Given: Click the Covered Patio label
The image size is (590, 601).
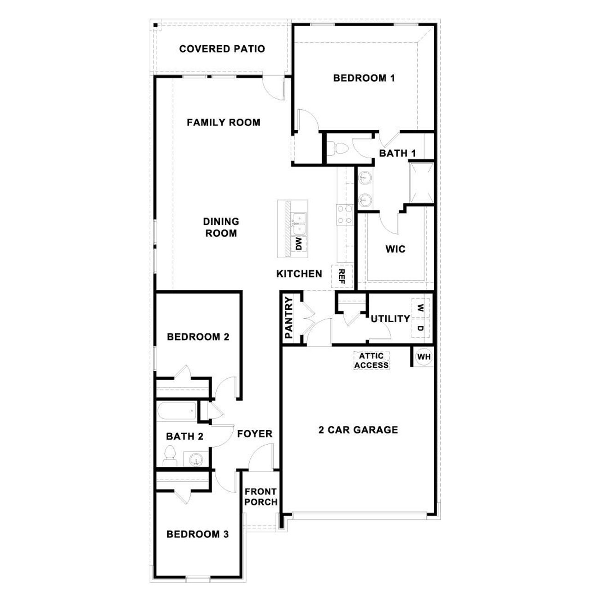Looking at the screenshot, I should point(222,49).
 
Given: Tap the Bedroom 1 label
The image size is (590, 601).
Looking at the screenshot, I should point(364,78).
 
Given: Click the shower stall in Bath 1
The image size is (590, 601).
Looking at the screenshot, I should point(422,183).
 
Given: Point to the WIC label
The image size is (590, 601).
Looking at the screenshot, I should point(395,249).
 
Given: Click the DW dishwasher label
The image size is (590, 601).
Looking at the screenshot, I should point(299,243).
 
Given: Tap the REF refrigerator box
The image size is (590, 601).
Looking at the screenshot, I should point(342,276).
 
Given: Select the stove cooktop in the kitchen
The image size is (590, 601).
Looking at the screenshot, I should point(345,215).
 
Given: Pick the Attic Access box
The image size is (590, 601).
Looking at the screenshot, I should point(372,361).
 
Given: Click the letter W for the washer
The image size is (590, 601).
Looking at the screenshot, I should point(420,307).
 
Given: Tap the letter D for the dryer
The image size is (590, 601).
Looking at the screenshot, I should point(420,329).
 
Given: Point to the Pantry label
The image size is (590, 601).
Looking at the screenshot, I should point(289,318).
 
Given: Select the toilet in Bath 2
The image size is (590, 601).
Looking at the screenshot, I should point(170,455).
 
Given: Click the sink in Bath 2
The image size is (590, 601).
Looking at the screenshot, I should point(196,460).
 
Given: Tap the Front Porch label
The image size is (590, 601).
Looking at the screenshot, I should point(261,497).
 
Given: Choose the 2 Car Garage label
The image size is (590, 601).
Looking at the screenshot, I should point(358,430).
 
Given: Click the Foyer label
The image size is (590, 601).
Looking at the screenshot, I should point(254,434).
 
